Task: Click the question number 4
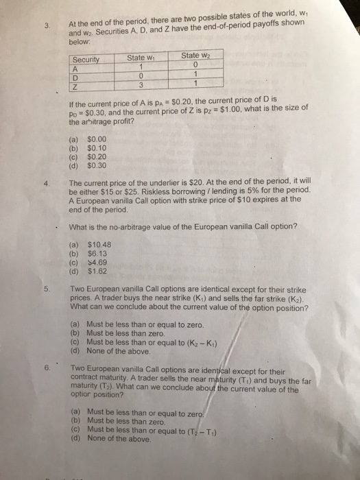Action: point(45,183)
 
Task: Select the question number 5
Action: point(46,289)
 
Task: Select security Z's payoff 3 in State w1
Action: point(139,84)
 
